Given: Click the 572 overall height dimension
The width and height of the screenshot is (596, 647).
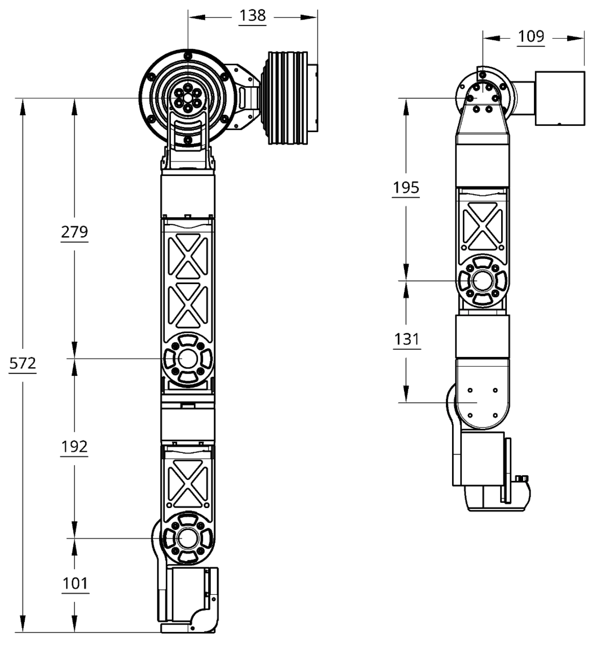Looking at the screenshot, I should click(22, 363).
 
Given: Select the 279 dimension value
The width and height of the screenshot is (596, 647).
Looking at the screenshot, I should click(74, 231).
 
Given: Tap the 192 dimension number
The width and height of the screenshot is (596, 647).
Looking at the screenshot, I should click(74, 447).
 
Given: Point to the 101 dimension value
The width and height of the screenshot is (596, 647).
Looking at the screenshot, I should click(75, 583).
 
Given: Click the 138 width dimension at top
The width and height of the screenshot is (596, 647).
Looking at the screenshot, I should click(253, 16).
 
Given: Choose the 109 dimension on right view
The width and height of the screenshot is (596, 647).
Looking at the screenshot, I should click(532, 36).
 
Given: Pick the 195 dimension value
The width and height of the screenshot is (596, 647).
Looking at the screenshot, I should click(406, 188).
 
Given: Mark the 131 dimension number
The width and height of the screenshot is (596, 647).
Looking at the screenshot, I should click(406, 339).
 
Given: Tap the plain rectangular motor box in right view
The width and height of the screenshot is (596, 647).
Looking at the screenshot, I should click(559, 98).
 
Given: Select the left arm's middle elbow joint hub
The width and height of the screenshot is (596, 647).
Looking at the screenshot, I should click(188, 358).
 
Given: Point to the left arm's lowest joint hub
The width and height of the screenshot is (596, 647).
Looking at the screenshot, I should click(188, 538).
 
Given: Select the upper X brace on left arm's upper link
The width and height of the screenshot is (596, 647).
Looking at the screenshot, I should click(188, 257).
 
